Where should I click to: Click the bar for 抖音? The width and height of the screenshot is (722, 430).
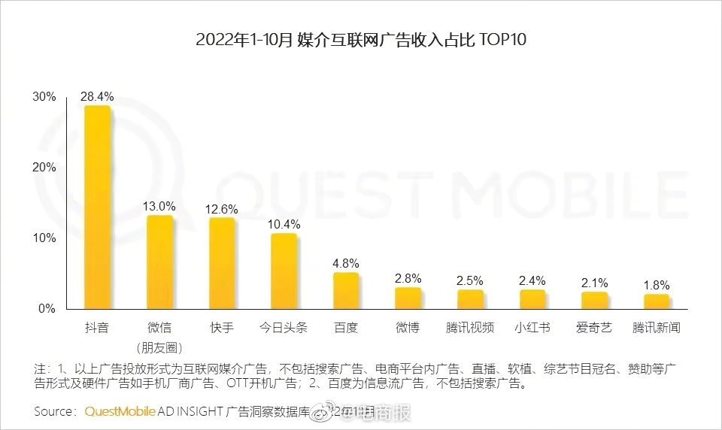pos(97,207)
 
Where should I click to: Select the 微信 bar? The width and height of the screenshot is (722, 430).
pos(159,262)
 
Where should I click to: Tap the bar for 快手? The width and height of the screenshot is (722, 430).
pos(222,263)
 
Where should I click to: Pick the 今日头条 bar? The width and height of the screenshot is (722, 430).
pos(284,271)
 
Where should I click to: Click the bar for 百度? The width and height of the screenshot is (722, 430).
pos(346,290)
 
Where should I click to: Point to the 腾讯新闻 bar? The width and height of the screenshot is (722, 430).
pos(657,301)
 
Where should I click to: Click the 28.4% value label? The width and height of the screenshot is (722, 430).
pos(97,96)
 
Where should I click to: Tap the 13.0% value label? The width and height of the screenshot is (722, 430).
pos(159,206)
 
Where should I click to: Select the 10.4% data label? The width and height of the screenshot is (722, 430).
pos(284,224)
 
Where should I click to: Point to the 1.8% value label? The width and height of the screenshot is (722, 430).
pos(657,285)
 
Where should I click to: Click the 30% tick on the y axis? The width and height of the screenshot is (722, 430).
pos(44,97)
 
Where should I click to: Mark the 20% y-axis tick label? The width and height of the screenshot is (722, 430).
pos(44,168)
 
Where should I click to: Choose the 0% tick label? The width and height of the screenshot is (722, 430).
pos(47,308)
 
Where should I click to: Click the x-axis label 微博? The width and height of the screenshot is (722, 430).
pos(408,328)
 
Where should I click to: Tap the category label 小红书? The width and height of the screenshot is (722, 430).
pos(532,328)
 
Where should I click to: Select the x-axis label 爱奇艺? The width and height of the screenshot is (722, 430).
pos(594,328)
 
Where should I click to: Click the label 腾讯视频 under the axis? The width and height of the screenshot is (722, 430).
pos(470,328)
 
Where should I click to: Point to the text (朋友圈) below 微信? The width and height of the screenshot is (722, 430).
pos(159,347)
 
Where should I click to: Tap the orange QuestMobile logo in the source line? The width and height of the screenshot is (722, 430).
pos(120,411)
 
